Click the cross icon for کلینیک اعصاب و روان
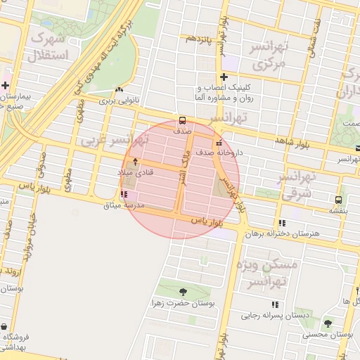224,77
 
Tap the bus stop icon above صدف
183,120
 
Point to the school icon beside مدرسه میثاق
124,193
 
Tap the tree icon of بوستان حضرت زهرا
183,291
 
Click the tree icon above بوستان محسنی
328,323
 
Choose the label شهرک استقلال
49,46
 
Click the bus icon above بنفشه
340,200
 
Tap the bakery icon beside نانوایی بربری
118,90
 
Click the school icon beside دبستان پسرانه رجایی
274,304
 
